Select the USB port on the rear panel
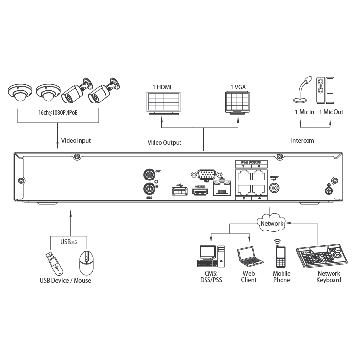[178, 191]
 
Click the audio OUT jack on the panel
[148, 174]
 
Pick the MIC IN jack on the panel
[148, 189]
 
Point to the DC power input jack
[275, 188]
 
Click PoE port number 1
[242, 175]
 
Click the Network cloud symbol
[272, 223]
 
